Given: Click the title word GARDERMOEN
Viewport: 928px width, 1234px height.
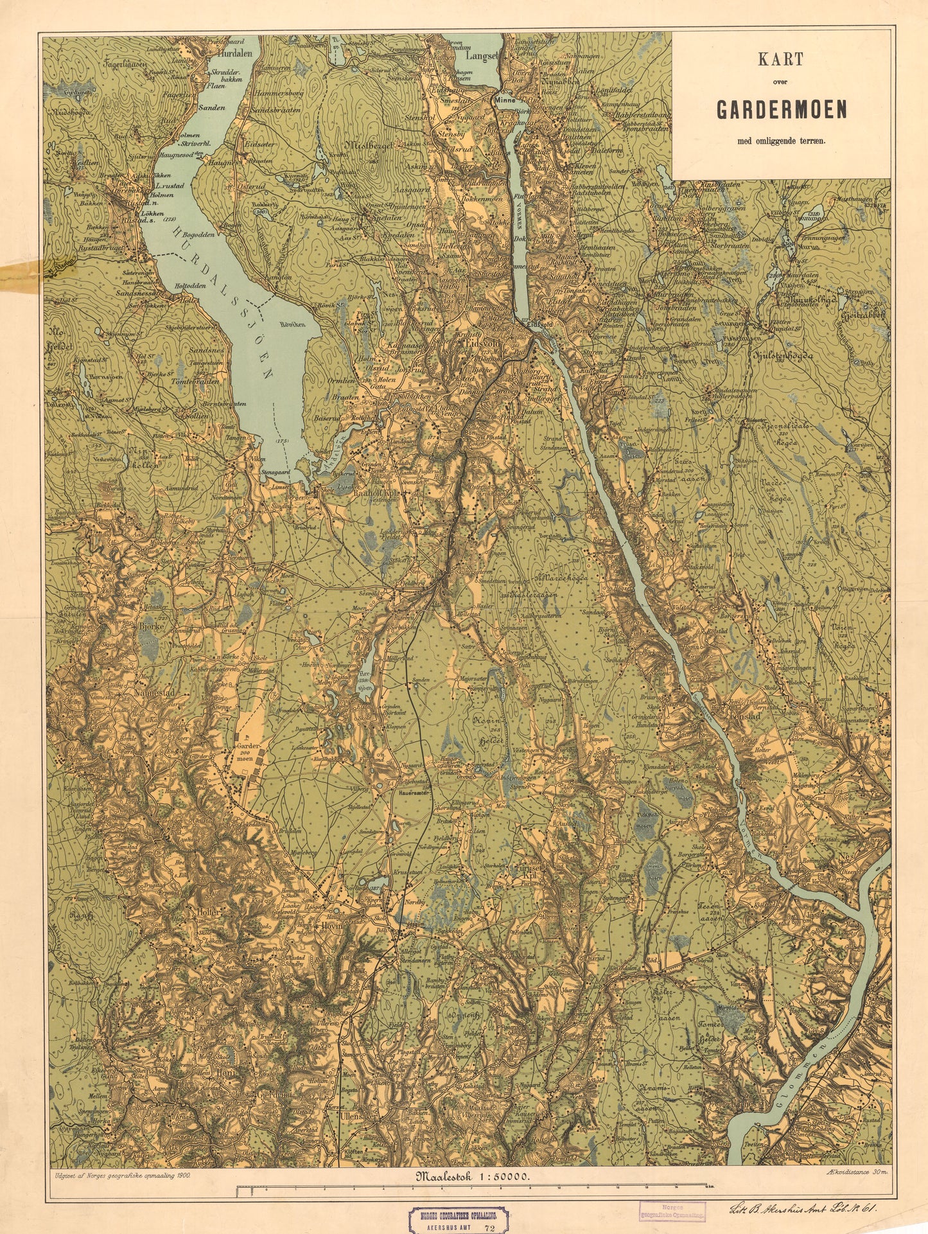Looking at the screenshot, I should pos(781,110).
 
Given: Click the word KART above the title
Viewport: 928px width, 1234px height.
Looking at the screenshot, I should pos(780,60).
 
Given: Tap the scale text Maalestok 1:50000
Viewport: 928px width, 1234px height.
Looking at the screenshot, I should pos(473,1176).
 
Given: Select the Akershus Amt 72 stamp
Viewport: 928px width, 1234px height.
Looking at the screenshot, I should pos(460,1218).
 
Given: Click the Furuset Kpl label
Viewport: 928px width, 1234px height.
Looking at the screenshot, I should pos(527,867).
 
